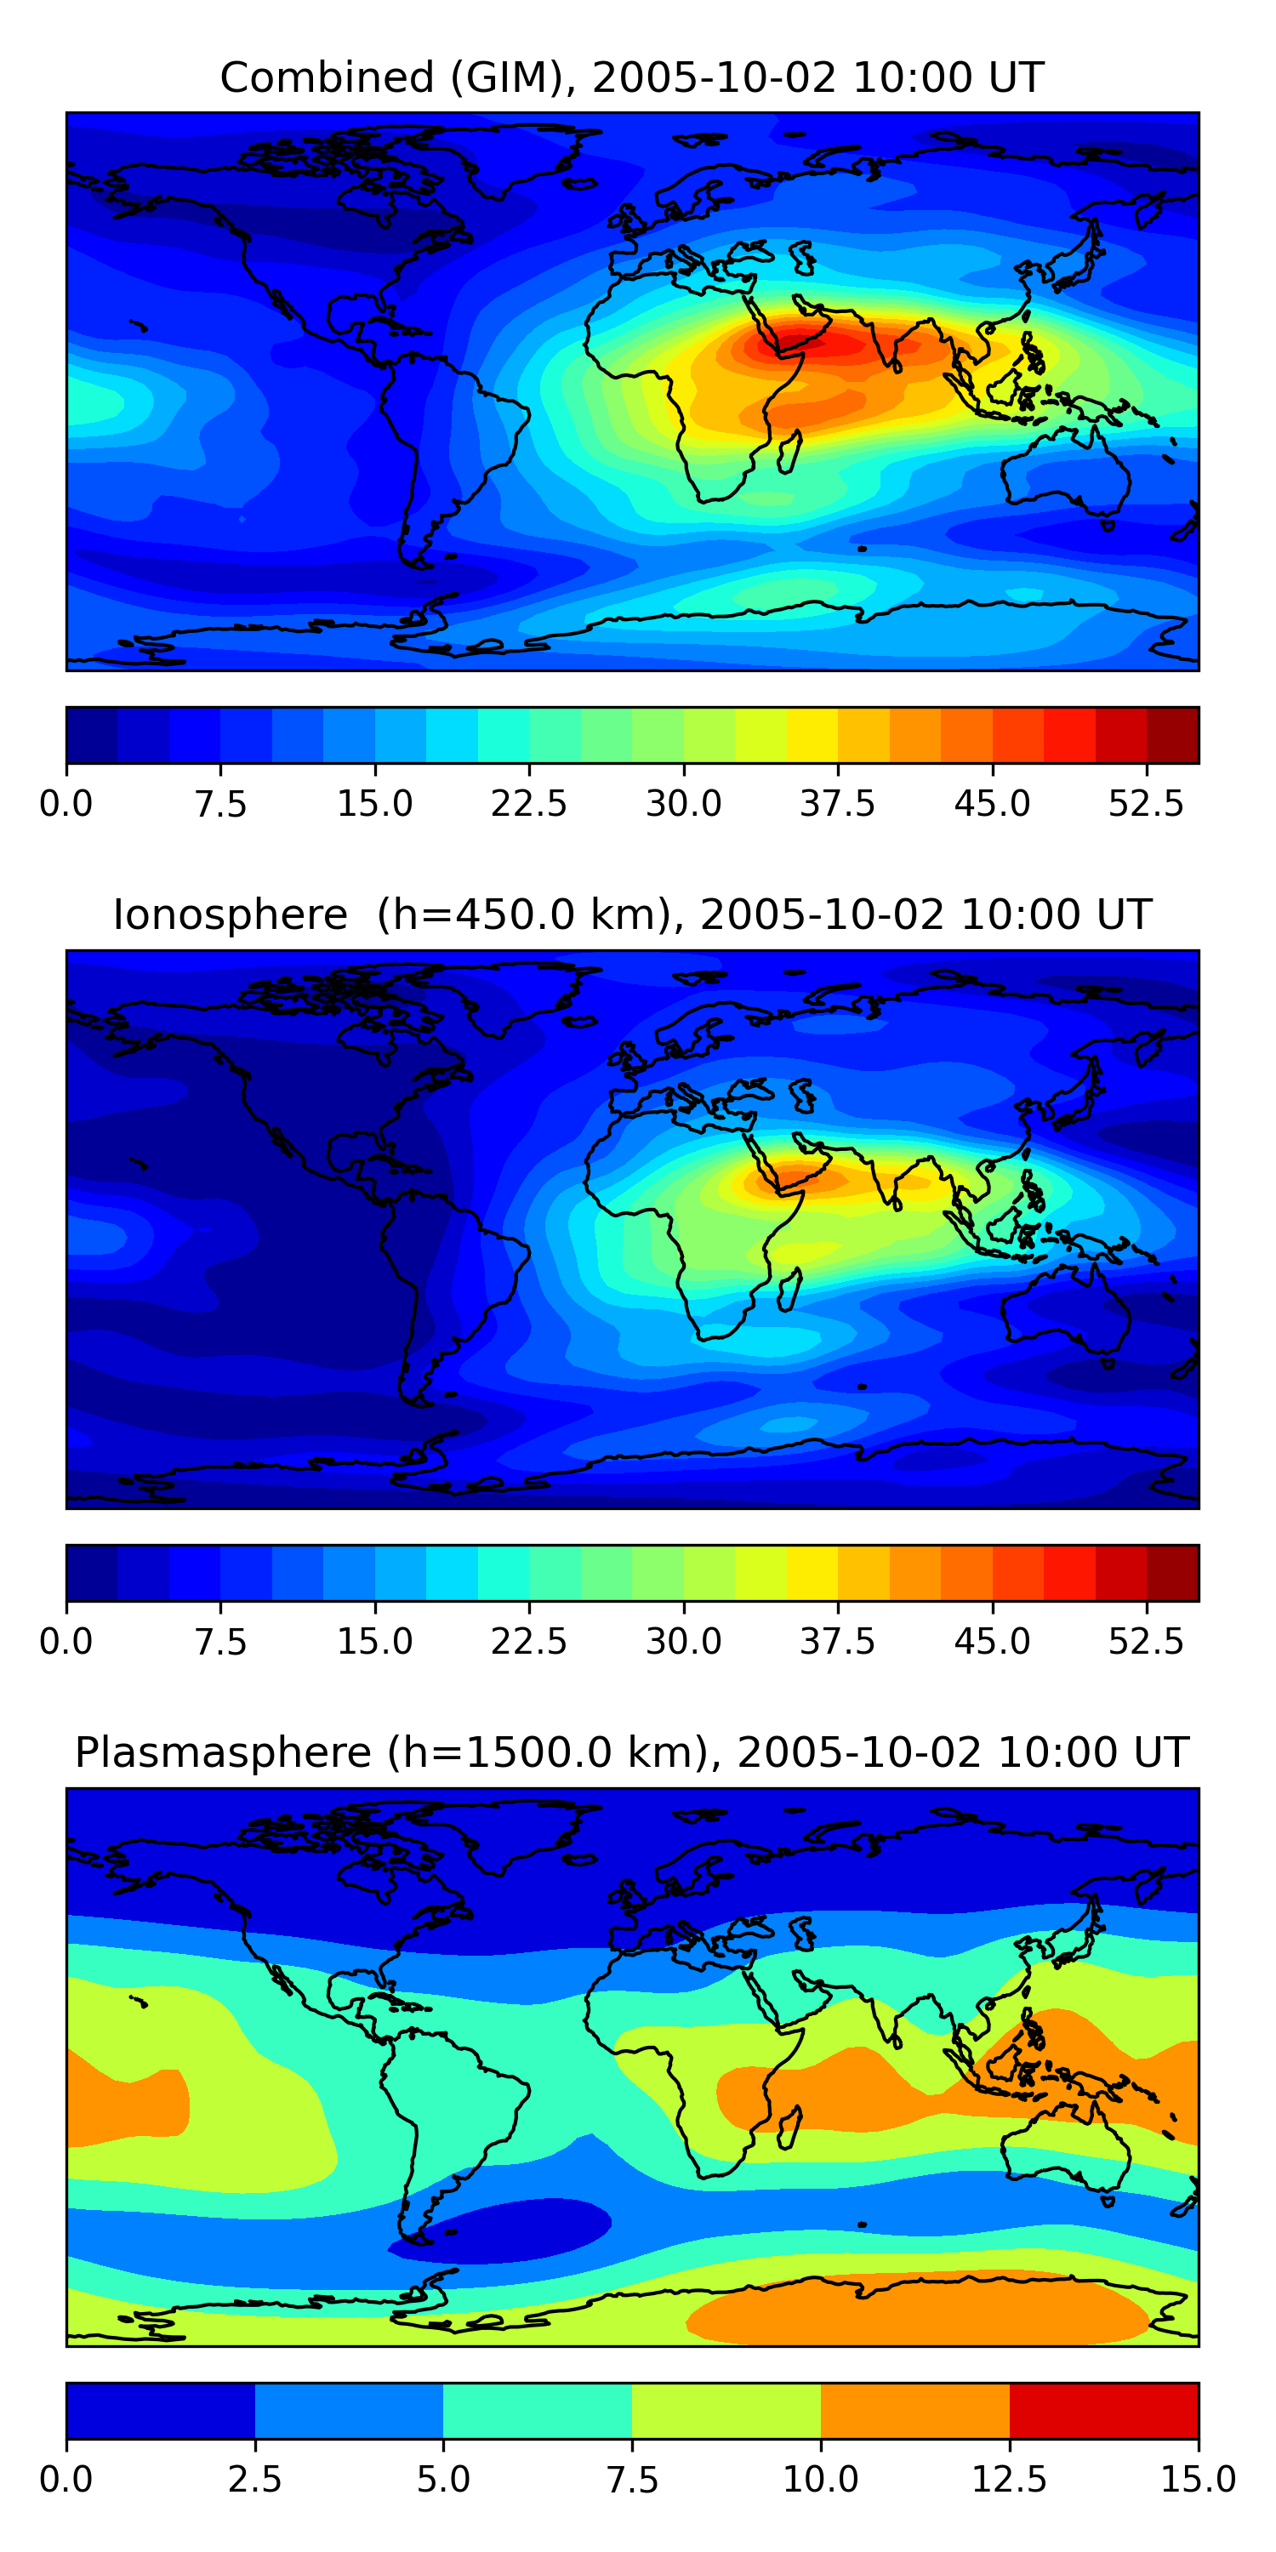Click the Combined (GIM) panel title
click(632, 77)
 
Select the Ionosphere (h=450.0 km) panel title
click(632, 914)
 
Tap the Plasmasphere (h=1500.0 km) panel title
click(632, 1752)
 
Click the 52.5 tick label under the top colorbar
click(1146, 803)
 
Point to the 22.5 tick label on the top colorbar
click(529, 803)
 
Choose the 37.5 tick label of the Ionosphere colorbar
click(837, 1642)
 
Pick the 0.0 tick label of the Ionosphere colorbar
click(66, 1642)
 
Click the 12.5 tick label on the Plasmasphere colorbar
click(1010, 2479)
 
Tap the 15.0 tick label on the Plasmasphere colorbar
click(1198, 2479)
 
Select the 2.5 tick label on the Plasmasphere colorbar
click(254, 2479)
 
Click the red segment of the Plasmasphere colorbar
click(1103, 2410)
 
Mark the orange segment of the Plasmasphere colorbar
click(914, 2410)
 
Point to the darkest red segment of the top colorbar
click(1173, 735)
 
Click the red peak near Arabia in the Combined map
click(802, 342)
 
